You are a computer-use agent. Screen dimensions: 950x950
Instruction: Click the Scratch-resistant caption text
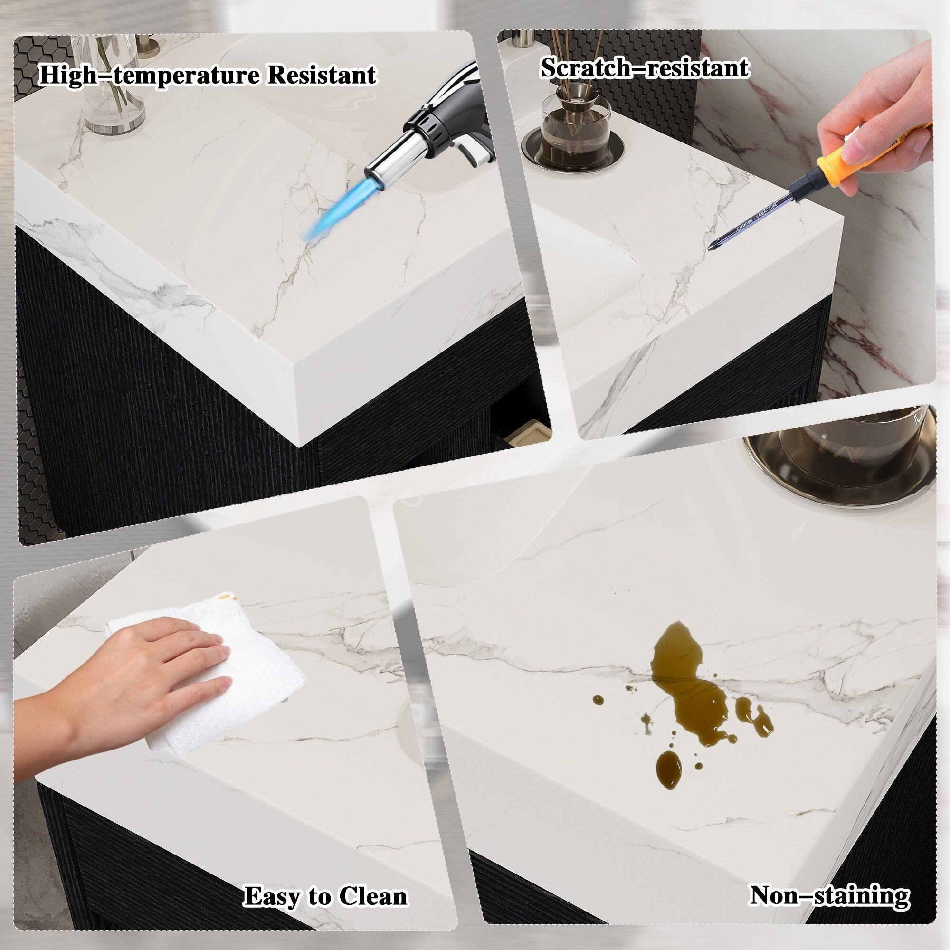pos(645,68)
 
